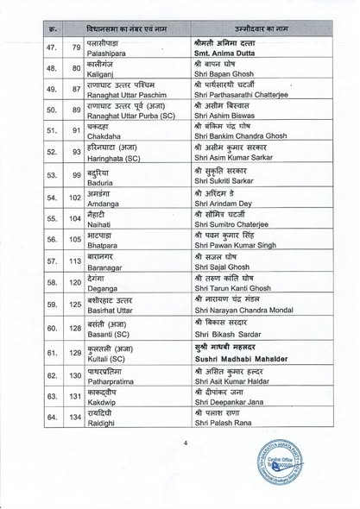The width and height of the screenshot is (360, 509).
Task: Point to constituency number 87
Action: pos(77,88)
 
